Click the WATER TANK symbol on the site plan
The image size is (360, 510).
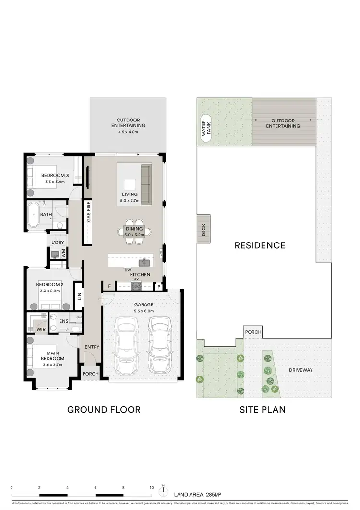[x=206, y=130]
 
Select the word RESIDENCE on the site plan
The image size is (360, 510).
[x=260, y=245]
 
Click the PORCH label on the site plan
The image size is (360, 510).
[x=252, y=332]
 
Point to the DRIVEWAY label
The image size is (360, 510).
[x=301, y=370]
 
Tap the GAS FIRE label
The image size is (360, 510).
[x=88, y=212]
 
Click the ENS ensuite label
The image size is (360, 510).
[x=64, y=321]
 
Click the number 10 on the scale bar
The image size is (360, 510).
[x=152, y=487]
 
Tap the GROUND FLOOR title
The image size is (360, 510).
[x=104, y=410]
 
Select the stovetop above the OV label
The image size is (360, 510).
[x=136, y=286]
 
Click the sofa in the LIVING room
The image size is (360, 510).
[x=145, y=184]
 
